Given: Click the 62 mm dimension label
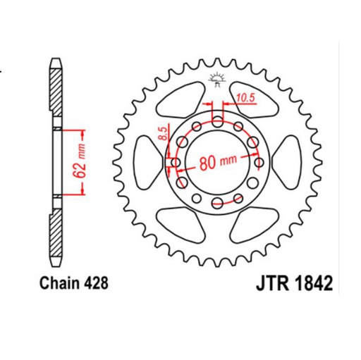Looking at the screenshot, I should point(80,161).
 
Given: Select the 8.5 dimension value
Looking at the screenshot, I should point(163,133).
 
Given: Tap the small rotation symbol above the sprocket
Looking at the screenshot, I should point(216,79).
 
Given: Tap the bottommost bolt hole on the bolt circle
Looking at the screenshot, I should point(216,204).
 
